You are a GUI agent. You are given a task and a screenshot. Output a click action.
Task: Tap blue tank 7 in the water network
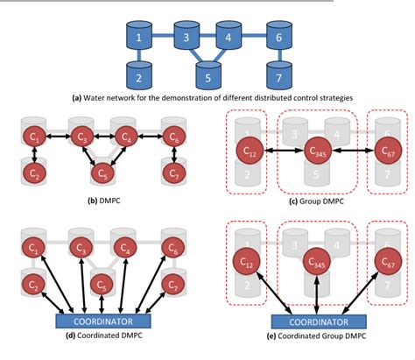(278, 77)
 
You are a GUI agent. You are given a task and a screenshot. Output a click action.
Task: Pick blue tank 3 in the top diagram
(186, 39)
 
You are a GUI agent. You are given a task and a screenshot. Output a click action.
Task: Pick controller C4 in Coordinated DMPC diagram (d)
(130, 248)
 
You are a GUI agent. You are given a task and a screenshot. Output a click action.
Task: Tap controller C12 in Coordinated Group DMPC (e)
(248, 260)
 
